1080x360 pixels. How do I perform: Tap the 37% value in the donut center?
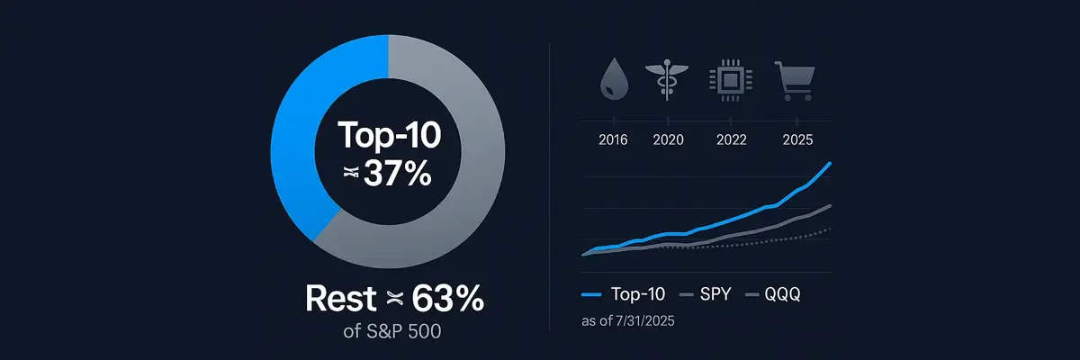(396, 174)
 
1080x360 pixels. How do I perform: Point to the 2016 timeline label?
(612, 139)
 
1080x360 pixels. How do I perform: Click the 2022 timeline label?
(731, 139)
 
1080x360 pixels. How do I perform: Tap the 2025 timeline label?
(797, 139)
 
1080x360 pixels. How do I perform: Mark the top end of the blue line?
(829, 163)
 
